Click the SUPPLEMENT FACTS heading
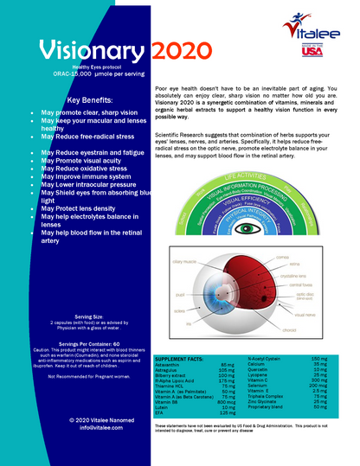tap(179, 357)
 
